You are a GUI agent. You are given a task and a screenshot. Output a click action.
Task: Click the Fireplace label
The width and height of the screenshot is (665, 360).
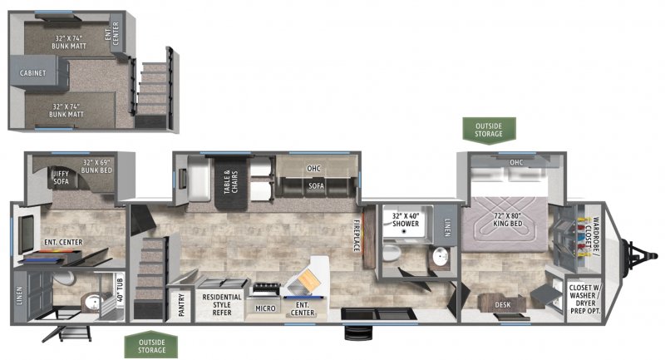click(x=357, y=235)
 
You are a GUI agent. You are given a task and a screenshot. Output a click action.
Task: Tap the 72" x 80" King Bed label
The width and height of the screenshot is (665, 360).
click(x=507, y=219)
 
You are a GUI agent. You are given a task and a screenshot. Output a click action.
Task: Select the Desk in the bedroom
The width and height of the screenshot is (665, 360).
click(x=503, y=303)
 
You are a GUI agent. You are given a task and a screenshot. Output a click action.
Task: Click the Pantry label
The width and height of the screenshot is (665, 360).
click(x=181, y=305)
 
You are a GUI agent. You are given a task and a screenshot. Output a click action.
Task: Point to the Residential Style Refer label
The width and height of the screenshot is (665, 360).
click(x=222, y=304)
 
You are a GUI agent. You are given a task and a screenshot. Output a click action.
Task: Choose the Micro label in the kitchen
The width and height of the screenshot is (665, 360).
click(x=265, y=308)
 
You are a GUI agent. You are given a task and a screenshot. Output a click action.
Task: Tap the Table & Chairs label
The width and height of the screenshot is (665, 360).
click(x=231, y=182)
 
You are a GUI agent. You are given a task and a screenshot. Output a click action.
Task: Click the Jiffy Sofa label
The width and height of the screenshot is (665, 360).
click(x=60, y=177)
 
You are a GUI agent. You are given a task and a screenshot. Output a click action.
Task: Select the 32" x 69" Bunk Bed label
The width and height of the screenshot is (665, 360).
click(x=96, y=166)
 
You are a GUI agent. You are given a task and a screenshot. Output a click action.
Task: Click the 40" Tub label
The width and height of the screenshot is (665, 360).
click(x=120, y=289)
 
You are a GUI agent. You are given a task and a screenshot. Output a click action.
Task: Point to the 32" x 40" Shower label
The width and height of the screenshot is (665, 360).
click(x=406, y=219)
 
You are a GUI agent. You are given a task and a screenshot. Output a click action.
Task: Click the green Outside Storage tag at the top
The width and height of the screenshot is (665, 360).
click(x=489, y=131)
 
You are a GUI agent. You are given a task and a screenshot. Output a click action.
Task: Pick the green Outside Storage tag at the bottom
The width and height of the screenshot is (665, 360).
click(x=151, y=346)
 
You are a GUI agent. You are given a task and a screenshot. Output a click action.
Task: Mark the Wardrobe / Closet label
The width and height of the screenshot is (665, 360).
click(x=592, y=236)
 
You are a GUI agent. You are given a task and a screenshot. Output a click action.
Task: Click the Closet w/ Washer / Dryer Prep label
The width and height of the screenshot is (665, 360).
click(x=585, y=299)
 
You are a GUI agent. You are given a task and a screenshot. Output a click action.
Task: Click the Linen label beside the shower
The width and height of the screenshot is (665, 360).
click(x=447, y=227)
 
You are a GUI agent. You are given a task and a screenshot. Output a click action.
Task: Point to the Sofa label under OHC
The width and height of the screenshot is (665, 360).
click(x=316, y=185)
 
